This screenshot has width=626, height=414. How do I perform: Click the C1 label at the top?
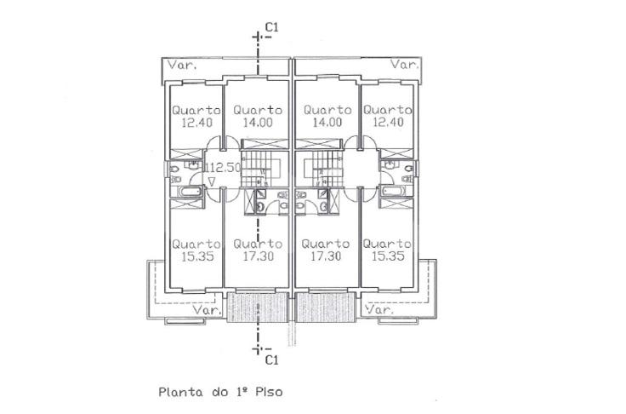(272, 27)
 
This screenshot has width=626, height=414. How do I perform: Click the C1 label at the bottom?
(272, 360)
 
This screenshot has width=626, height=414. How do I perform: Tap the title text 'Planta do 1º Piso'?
(220, 392)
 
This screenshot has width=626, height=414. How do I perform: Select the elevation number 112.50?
(223, 167)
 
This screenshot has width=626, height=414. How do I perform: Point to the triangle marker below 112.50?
(212, 182)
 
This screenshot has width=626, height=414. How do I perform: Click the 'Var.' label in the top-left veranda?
(182, 66)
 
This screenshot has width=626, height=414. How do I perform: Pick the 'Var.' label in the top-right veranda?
(405, 65)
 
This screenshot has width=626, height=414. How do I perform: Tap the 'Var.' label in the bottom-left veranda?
(208, 309)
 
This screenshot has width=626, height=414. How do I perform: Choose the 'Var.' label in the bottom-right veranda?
(379, 309)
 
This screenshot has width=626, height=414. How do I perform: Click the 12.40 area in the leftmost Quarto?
(196, 123)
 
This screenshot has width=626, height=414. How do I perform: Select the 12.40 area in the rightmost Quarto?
(388, 122)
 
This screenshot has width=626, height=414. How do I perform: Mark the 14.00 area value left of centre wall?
(258, 123)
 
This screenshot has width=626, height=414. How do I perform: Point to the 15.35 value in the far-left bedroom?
(197, 256)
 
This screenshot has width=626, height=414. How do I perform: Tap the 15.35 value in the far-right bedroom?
(388, 256)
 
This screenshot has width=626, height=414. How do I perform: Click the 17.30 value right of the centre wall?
(326, 256)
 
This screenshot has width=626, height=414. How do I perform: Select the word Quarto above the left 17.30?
(258, 244)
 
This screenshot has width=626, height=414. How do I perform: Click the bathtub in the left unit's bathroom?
(190, 191)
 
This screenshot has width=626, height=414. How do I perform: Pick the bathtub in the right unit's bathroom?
(394, 191)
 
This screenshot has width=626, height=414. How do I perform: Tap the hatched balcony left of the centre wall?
(258, 308)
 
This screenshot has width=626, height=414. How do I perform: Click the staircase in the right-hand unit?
(324, 169)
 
